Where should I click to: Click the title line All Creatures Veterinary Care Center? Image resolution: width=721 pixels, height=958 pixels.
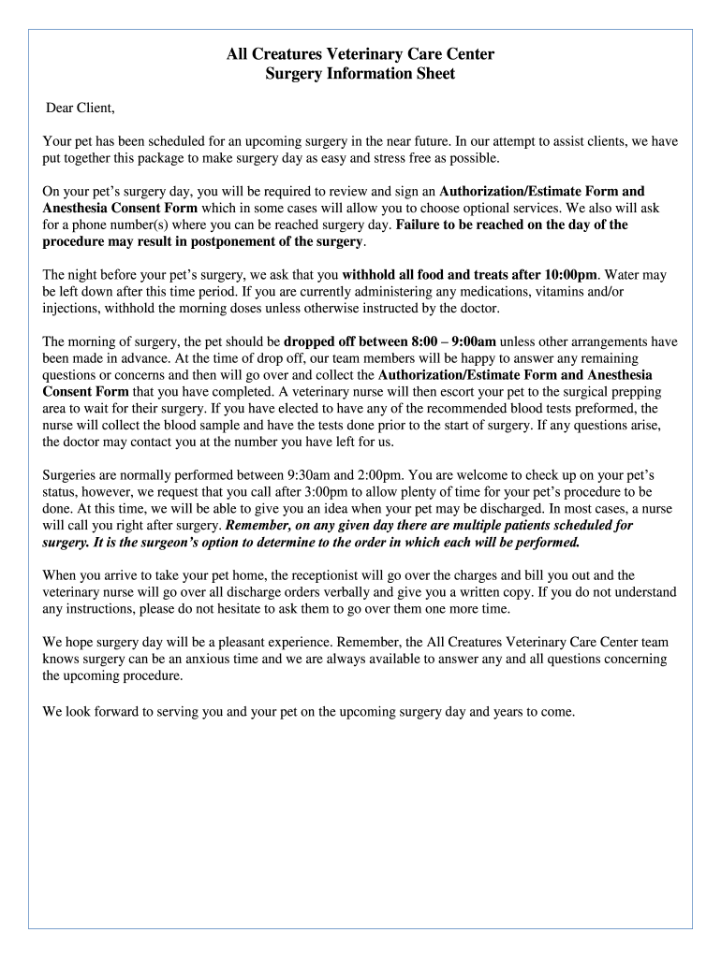(360, 55)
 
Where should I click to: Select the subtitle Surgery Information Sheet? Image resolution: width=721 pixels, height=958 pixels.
(360, 74)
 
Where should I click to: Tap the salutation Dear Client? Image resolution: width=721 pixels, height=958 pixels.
(81, 109)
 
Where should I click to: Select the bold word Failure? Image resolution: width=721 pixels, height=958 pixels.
(421, 225)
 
